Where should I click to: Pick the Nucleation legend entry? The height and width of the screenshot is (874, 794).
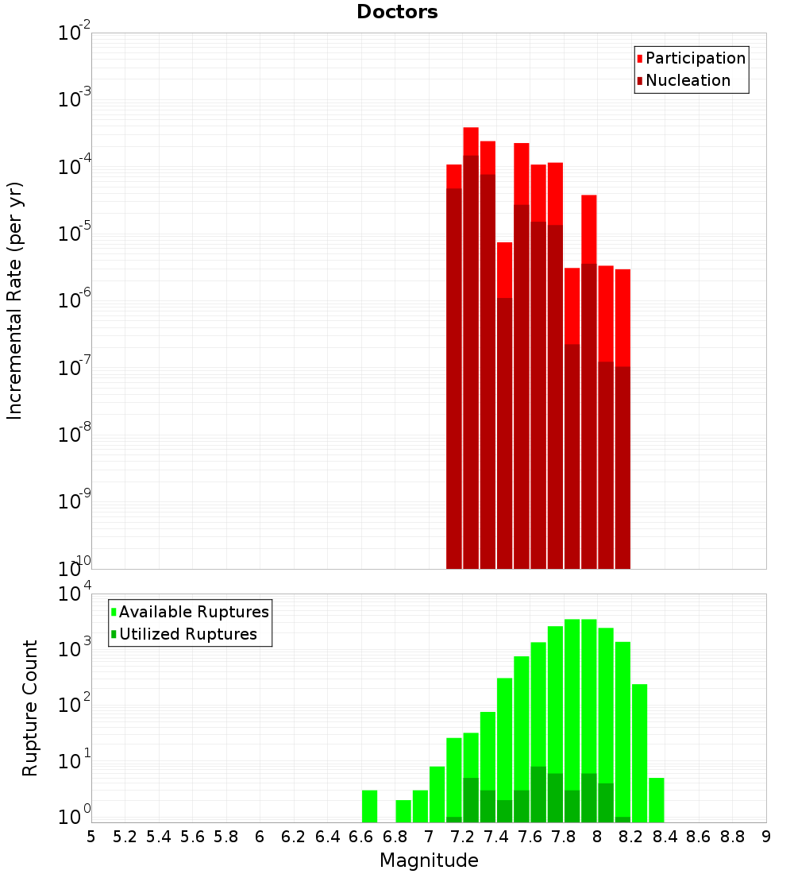tap(688, 80)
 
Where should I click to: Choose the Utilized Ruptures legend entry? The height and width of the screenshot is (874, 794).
tap(187, 634)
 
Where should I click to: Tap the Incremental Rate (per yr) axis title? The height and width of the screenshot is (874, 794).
tap(15, 301)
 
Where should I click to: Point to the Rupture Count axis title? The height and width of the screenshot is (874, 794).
tap(30, 708)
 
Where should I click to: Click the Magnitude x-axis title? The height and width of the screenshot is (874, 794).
tap(429, 860)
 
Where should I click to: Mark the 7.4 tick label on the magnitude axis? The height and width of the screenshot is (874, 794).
tap(495, 837)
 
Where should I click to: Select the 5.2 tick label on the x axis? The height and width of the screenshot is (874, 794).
tap(125, 837)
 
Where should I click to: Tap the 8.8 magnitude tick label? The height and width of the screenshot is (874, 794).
tap(732, 837)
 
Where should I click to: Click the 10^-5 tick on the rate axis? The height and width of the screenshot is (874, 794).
tap(75, 234)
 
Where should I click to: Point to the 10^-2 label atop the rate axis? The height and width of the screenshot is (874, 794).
tap(75, 33)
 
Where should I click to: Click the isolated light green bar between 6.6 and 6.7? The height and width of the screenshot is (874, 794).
tap(369, 806)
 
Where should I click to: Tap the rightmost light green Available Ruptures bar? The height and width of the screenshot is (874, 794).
tap(656, 799)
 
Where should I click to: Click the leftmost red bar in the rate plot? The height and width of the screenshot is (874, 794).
tap(454, 358)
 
